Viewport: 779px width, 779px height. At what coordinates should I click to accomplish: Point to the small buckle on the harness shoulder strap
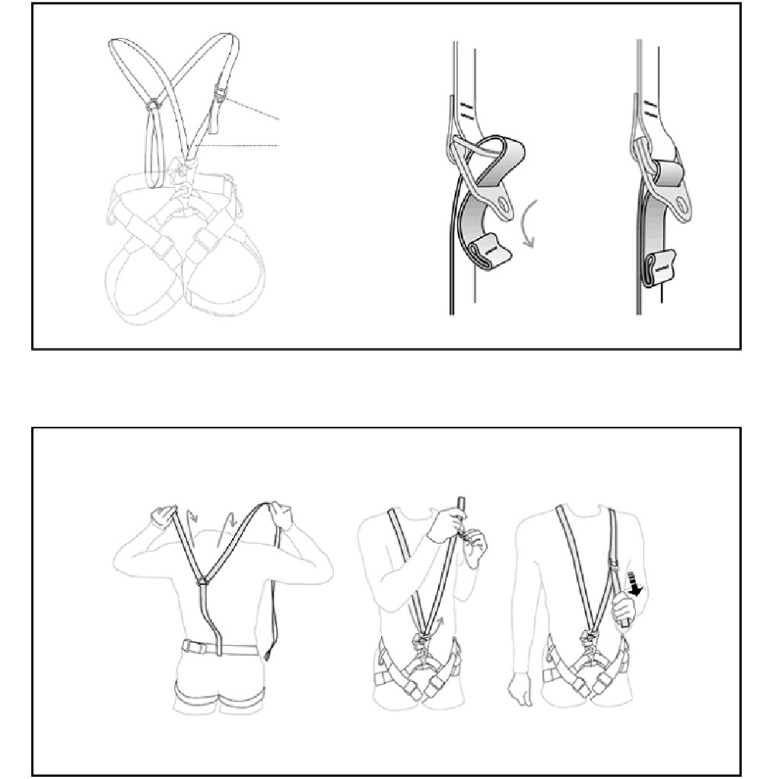pyautogui.click(x=218, y=97)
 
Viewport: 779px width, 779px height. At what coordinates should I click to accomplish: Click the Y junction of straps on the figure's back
pyautogui.click(x=203, y=581)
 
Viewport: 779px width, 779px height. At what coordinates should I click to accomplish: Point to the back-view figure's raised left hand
pyautogui.click(x=161, y=517)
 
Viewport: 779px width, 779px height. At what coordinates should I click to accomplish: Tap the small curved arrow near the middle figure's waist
pyautogui.click(x=440, y=625)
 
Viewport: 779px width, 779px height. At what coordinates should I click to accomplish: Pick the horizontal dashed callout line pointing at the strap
pyautogui.click(x=240, y=145)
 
